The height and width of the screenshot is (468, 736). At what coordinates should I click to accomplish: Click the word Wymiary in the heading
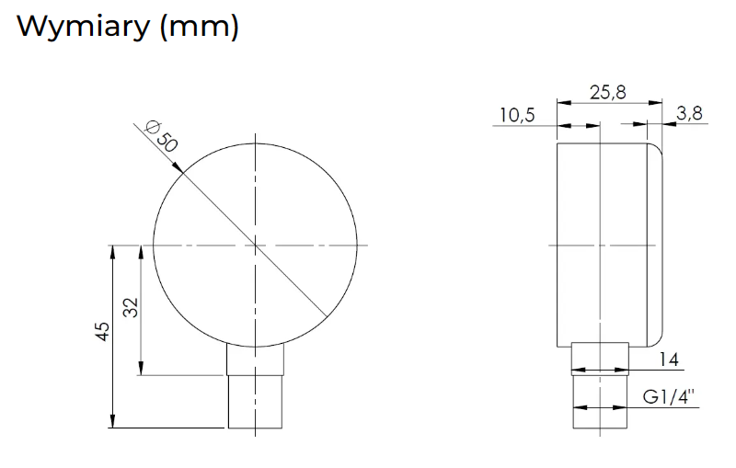83,27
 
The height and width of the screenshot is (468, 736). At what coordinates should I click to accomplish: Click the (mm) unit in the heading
200,28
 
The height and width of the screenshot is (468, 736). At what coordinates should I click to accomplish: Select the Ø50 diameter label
162,136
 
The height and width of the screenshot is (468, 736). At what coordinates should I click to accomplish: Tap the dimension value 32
132,308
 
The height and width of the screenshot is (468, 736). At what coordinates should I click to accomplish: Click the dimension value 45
102,332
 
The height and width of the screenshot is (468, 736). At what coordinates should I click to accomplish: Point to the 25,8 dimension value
608,92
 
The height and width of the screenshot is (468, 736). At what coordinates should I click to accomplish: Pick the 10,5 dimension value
517,115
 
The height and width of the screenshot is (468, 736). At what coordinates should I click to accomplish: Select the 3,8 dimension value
689,113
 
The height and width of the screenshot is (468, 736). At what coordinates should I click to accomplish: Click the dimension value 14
669,360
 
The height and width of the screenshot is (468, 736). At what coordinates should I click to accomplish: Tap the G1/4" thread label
669,397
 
